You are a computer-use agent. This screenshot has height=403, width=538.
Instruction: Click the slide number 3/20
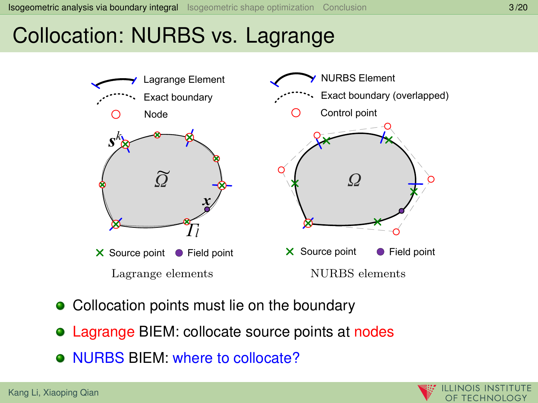coord(518,7)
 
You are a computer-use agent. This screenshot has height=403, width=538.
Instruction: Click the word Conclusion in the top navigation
coord(344,7)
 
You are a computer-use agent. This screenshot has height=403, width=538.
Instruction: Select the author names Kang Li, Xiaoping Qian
coord(53,392)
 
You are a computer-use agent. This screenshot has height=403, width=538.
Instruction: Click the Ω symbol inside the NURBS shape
coord(354,180)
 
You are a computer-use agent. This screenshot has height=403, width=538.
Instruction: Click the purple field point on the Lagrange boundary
coord(207,209)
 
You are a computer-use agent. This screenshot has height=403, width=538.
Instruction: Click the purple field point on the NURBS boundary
coord(401,211)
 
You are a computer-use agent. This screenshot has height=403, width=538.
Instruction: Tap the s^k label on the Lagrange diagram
coord(115,140)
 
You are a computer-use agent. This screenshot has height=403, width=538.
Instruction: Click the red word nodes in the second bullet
coord(374,332)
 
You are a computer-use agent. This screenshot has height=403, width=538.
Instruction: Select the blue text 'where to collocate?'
coord(236,358)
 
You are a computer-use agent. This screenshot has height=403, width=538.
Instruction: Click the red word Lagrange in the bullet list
coord(104,332)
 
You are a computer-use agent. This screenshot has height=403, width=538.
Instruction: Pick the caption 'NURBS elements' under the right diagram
coord(358,273)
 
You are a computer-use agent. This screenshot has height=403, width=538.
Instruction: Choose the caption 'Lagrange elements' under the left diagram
coord(162,273)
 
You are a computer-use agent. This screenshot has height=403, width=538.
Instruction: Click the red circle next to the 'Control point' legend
coord(296,113)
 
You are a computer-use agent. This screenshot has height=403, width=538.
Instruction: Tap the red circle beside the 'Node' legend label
coord(116,114)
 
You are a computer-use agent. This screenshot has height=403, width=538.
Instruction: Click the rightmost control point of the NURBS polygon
coord(431,179)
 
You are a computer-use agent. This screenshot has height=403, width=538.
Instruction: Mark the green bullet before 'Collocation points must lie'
coord(60,306)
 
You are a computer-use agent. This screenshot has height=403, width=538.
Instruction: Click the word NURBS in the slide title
coord(168,36)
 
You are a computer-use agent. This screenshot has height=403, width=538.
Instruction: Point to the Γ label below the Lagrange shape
coord(192,230)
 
